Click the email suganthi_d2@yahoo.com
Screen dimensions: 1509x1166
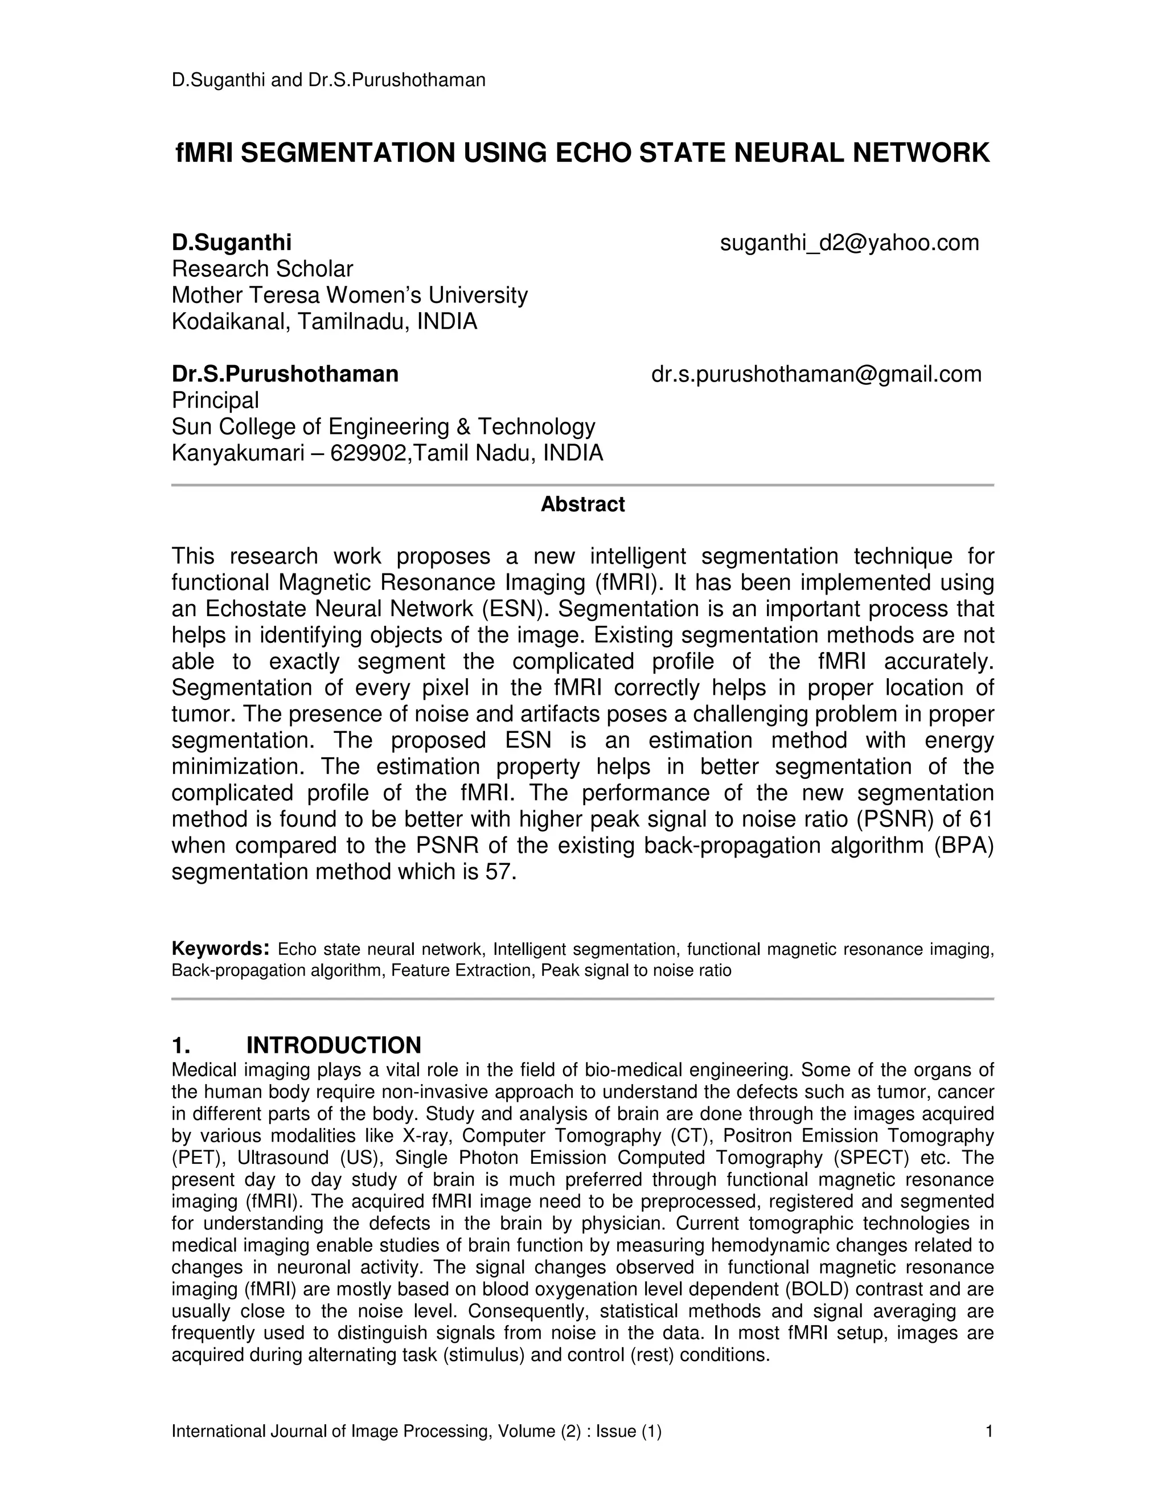849,243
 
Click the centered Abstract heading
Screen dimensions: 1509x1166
582,505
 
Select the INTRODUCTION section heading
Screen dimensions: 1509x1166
334,1045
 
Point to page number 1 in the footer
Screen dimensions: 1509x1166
988,1431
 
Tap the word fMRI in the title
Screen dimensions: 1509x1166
204,153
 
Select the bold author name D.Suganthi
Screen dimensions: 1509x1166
231,243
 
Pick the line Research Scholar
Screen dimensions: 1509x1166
262,269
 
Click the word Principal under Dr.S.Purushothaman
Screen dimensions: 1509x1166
215,400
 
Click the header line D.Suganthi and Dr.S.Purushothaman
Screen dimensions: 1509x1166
328,80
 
